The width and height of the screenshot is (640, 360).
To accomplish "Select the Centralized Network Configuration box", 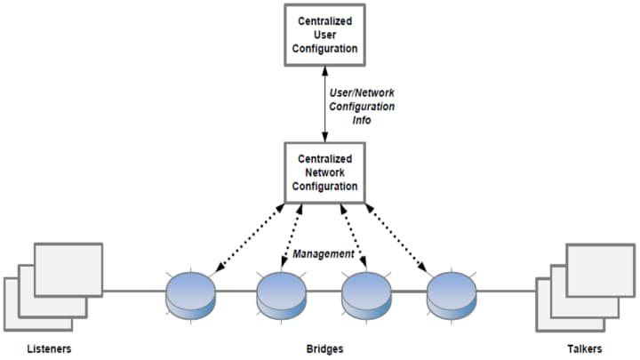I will point(325,172).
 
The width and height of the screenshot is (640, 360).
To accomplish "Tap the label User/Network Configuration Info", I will point(361,106).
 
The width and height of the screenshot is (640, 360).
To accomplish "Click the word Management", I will point(324,254).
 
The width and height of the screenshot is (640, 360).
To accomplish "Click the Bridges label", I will point(324,349).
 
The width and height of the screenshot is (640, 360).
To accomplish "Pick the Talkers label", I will point(582,349).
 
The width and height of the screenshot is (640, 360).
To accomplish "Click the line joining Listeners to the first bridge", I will point(134,290).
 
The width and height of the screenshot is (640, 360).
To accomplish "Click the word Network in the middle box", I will point(325,172).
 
